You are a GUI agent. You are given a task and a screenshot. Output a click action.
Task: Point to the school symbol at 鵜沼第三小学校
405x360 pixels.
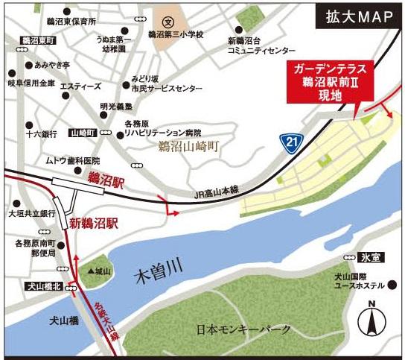coord(169,22)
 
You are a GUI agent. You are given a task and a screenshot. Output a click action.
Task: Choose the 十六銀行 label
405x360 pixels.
coord(41,135)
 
